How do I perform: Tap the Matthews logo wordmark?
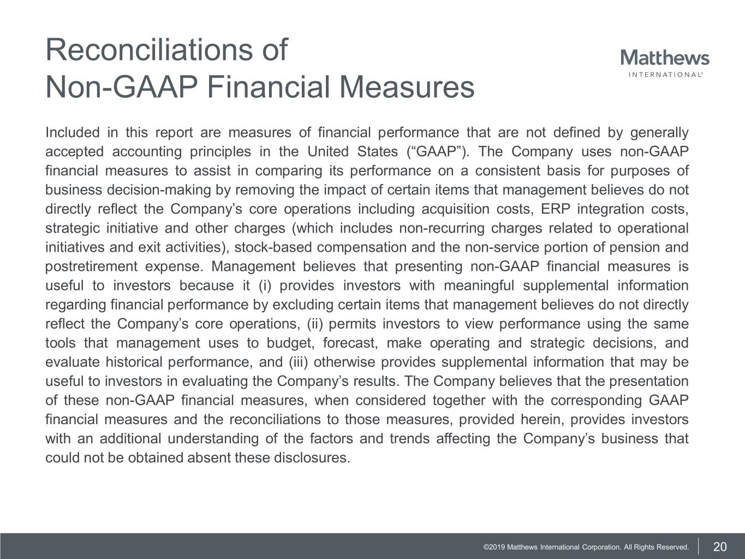point(664,58)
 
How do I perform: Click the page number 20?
point(720,547)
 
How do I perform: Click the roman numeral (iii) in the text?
point(299,362)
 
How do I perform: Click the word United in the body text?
point(329,152)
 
